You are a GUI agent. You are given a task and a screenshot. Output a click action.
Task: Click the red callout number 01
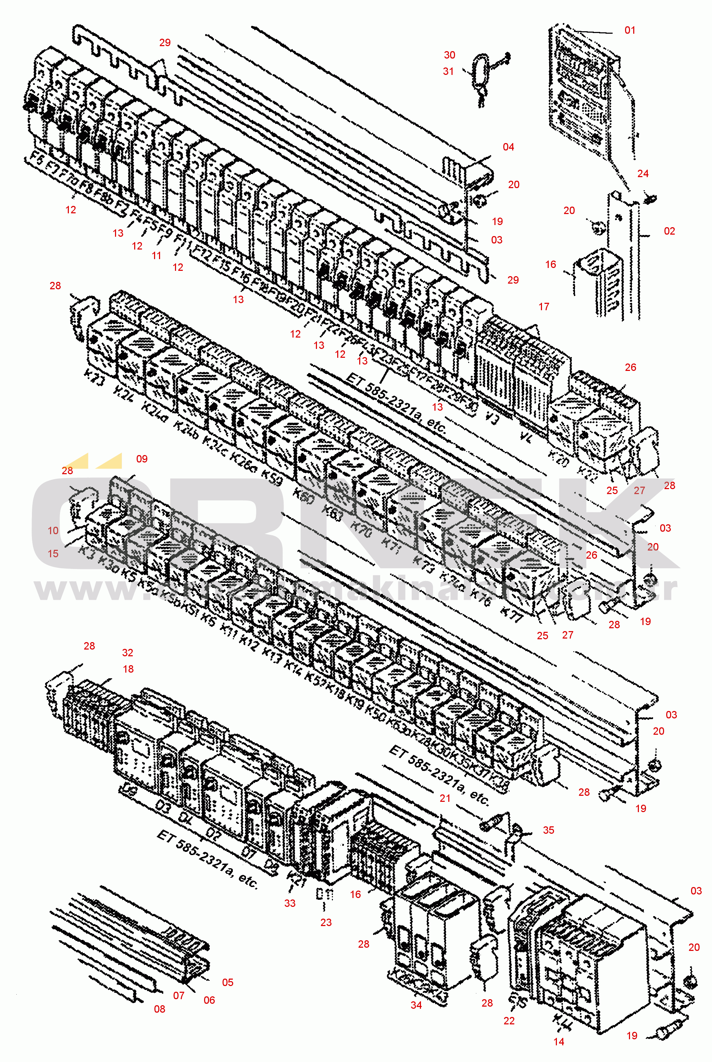click(x=629, y=31)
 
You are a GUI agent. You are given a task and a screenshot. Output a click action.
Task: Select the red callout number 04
click(x=508, y=147)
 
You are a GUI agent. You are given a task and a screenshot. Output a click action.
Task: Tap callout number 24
click(x=642, y=174)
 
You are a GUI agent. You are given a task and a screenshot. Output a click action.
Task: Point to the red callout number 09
click(x=142, y=459)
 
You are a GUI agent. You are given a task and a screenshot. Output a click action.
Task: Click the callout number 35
click(x=548, y=830)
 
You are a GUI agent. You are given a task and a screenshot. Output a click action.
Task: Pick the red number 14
click(x=559, y=1041)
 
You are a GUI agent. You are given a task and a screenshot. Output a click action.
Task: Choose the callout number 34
click(x=416, y=1005)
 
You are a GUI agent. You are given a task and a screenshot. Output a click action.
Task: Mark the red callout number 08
click(x=159, y=1009)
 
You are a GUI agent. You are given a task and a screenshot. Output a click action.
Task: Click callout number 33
click(x=290, y=903)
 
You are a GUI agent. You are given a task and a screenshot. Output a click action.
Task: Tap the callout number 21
click(x=445, y=798)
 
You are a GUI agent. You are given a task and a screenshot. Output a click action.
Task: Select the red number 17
click(x=543, y=307)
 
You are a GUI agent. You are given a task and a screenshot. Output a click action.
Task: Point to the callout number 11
click(x=156, y=256)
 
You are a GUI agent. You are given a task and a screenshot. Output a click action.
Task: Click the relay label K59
click(x=272, y=477)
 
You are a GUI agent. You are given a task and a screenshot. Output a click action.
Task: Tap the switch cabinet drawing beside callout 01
click(x=581, y=91)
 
